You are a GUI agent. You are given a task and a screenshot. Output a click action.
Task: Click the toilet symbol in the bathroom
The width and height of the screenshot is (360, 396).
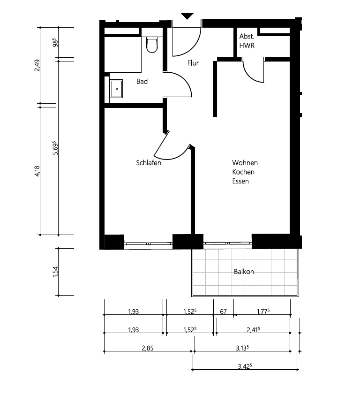point(151,45)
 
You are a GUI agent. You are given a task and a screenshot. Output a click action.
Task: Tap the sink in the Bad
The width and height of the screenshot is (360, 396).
point(116,89)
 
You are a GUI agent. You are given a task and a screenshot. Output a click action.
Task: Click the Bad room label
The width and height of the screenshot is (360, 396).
point(142,82)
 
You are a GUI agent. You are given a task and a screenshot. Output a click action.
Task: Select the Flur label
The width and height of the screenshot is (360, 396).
point(193,63)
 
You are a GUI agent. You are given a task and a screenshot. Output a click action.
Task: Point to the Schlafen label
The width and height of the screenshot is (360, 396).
point(149,163)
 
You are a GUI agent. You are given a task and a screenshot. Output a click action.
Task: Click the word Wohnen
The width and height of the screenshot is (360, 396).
point(245,163)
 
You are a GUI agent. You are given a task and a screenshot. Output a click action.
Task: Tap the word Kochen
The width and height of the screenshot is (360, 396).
point(244,172)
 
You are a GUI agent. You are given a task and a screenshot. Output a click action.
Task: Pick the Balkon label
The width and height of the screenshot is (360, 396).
point(244,272)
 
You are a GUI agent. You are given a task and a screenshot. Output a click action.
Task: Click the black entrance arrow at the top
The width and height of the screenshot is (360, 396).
point(187,16)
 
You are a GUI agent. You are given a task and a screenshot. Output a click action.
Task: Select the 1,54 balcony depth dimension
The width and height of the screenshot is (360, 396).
point(55,272)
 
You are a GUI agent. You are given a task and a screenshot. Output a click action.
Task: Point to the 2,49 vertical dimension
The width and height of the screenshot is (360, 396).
point(37,65)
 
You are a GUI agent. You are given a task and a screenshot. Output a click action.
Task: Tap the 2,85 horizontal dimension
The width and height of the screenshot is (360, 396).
point(147,348)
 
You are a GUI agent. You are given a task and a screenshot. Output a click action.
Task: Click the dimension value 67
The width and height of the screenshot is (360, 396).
point(224,311)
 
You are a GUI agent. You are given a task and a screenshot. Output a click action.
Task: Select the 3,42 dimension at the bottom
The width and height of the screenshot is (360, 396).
point(245,366)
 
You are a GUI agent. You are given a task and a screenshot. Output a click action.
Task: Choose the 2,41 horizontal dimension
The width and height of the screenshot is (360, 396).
point(253,330)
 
